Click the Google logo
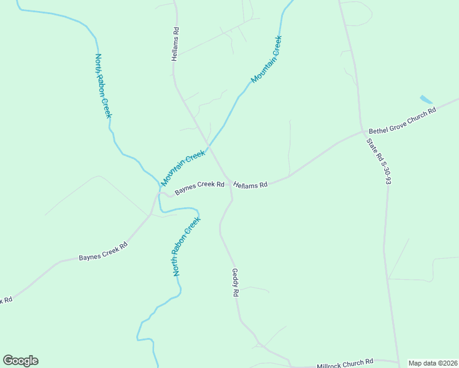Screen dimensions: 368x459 (x=20, y=361)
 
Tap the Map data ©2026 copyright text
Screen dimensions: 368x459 (x=433, y=363)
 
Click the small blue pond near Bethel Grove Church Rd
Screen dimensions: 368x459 (x=425, y=99)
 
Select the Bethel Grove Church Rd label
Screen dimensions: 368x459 (x=402, y=121)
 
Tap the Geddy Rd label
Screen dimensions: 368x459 (x=234, y=283)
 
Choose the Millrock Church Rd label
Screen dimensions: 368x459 (x=345, y=364)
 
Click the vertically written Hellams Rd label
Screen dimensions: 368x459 (x=176, y=44)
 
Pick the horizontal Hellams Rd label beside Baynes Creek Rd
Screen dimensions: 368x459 (x=250, y=185)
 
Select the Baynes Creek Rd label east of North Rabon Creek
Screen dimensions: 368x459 (x=199, y=188)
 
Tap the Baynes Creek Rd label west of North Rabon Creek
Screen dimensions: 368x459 (x=102, y=251)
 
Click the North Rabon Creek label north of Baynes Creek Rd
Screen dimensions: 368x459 (x=103, y=86)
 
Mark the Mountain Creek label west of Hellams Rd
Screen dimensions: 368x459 (x=183, y=168)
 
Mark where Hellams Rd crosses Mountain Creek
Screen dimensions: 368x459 (x=209, y=147)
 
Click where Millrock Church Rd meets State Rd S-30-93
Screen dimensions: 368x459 (x=398, y=361)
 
